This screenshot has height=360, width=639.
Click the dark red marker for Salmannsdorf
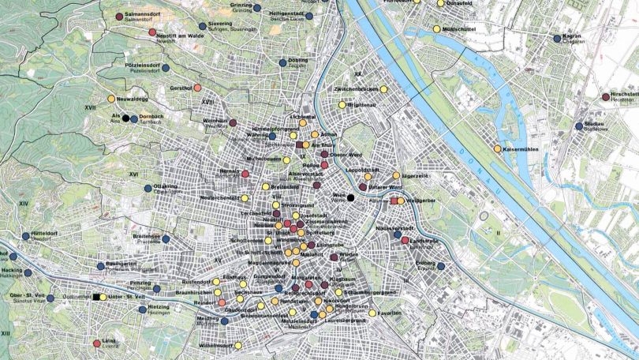[119, 17]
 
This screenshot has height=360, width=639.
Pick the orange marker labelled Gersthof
[197, 88]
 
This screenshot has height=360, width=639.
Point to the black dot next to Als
[125, 118]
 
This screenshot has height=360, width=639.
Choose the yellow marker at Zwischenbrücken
[384, 89]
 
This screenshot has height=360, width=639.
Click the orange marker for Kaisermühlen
[497, 149]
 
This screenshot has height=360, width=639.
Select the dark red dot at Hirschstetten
[606, 97]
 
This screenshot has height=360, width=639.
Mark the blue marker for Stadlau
[579, 126]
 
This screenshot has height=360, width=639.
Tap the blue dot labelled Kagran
[557, 38]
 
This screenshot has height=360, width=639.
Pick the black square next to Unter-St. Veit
[95, 297]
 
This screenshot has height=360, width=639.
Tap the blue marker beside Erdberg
[440, 267]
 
